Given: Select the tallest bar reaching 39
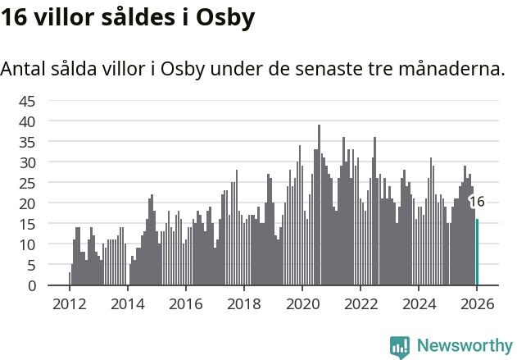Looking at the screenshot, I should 320,205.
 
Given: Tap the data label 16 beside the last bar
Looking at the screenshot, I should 477,202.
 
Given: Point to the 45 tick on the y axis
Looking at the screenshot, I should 27,101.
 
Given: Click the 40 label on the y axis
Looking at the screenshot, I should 27,121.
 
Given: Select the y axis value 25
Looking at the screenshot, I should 27,183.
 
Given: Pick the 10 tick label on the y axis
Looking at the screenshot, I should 27,244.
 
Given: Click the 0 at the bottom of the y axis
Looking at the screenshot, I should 31,285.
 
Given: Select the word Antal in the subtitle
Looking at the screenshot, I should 24,69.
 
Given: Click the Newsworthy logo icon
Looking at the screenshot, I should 400,347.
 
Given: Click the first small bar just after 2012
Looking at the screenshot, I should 70,279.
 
